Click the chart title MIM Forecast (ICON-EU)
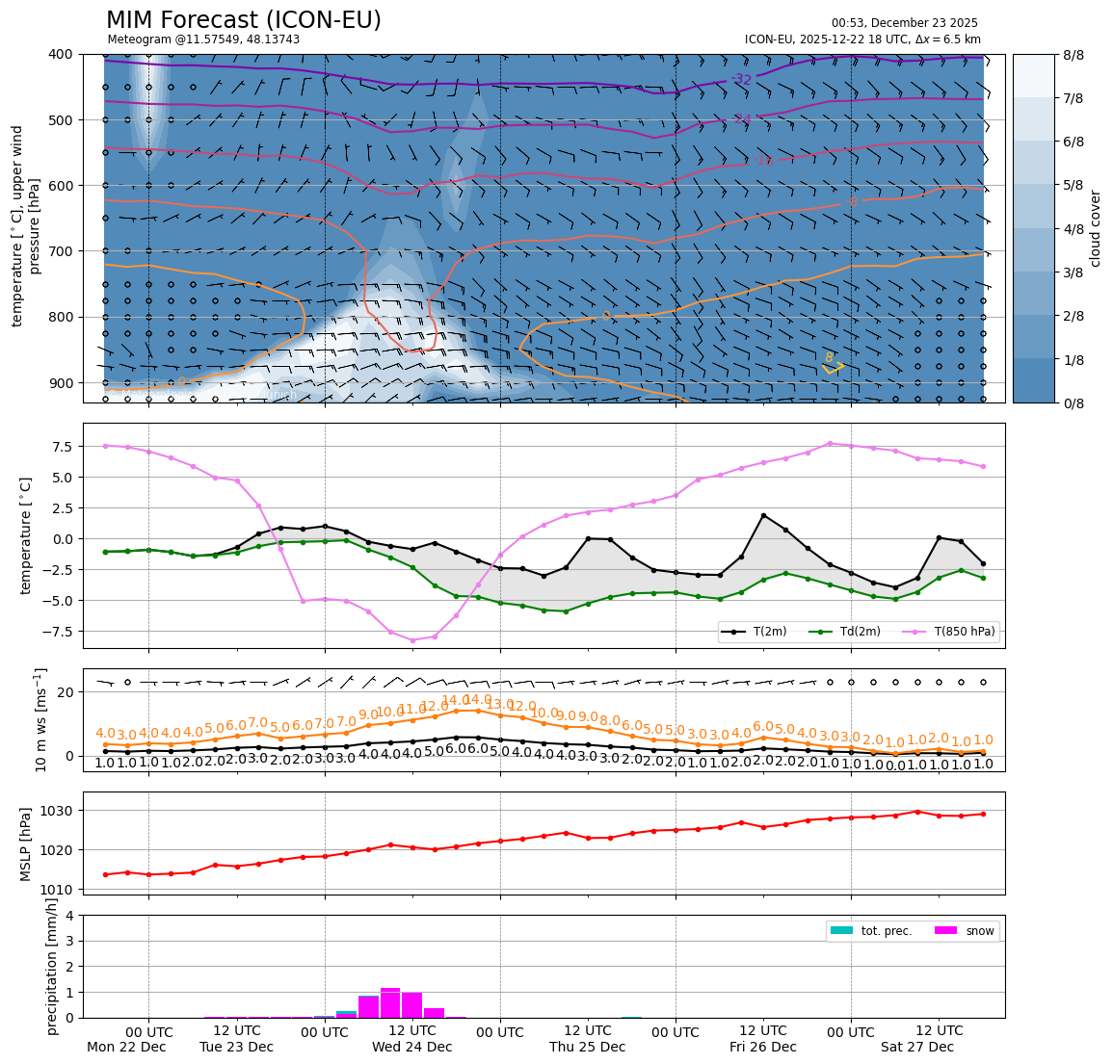tap(243, 20)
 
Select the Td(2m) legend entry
tap(853, 632)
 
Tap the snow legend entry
tap(979, 931)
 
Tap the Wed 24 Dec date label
tap(411, 1047)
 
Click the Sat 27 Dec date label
tap(916, 1047)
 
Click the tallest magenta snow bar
tap(390, 1002)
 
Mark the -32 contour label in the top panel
tap(741, 79)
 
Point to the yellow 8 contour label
tap(829, 358)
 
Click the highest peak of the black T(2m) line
tap(763, 515)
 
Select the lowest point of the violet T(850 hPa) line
tap(412, 640)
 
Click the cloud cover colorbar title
tap(1095, 228)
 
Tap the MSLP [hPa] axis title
tap(26, 843)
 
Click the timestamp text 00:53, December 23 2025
tap(904, 23)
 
